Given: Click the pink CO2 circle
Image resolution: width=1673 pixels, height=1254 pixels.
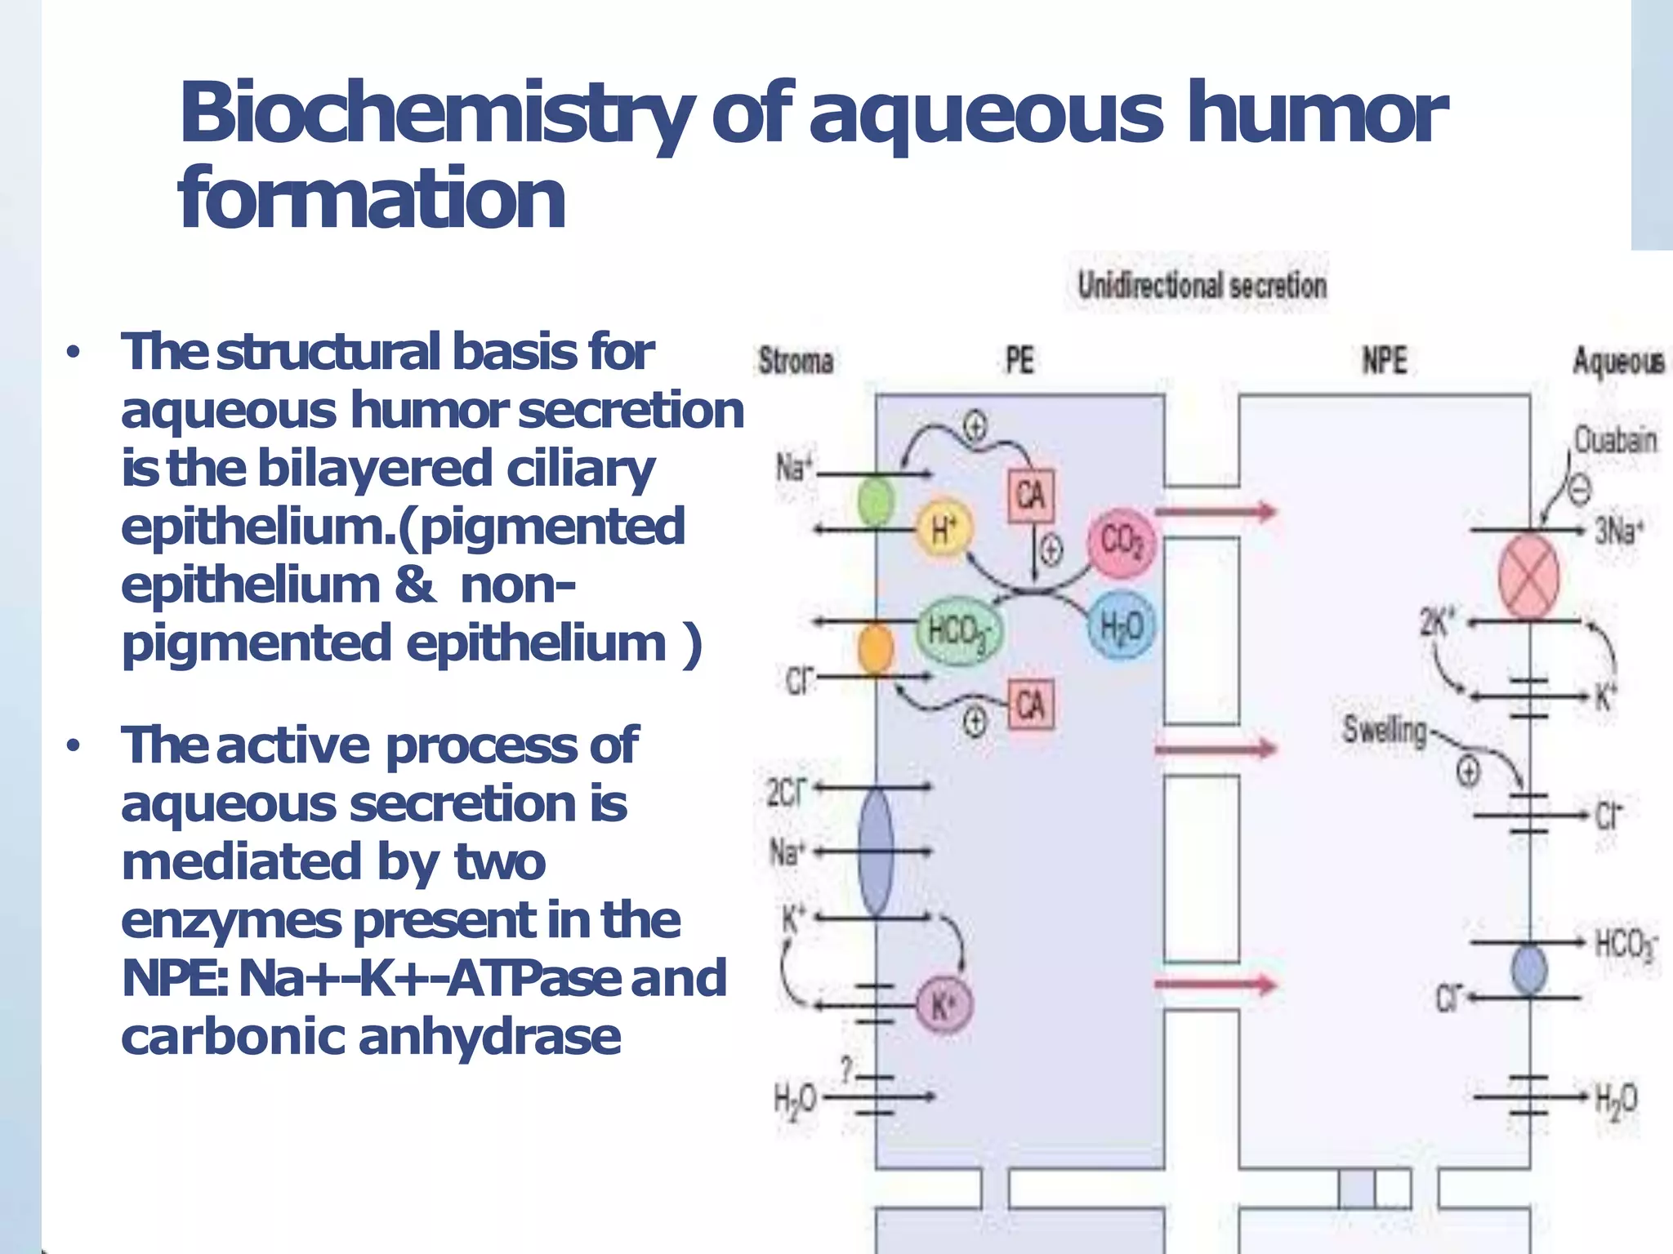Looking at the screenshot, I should pyautogui.click(x=1121, y=541).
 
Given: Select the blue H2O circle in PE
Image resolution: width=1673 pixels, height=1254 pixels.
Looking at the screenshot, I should pyautogui.click(x=1121, y=626).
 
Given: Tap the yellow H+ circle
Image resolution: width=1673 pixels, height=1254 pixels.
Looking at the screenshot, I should pyautogui.click(x=944, y=530).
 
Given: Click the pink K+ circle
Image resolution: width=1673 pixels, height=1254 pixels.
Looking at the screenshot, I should pyautogui.click(x=944, y=1005).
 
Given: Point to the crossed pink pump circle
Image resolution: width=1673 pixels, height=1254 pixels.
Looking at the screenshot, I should pyautogui.click(x=1528, y=576).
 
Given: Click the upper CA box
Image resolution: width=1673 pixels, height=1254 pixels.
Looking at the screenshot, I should pyautogui.click(x=1030, y=495).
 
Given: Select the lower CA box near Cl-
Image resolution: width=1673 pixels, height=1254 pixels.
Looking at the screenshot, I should pyautogui.click(x=1030, y=705).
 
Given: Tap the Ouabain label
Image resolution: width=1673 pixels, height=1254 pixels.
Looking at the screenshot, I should pyautogui.click(x=1615, y=440).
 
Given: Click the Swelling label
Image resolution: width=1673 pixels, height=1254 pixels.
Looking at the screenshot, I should pyautogui.click(x=1384, y=729).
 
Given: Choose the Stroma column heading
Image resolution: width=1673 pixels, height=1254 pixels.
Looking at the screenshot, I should pyautogui.click(x=796, y=361).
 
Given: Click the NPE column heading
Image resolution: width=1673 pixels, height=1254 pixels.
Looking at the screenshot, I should pyautogui.click(x=1384, y=360).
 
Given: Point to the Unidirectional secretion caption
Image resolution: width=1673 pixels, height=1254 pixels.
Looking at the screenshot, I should pyautogui.click(x=1202, y=285).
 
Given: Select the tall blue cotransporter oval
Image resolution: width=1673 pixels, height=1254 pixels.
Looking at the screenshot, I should pyautogui.click(x=876, y=851).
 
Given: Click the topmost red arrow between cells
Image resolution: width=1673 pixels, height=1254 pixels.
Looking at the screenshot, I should pyautogui.click(x=1216, y=512).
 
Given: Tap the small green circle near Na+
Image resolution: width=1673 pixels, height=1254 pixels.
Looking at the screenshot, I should pyautogui.click(x=876, y=501).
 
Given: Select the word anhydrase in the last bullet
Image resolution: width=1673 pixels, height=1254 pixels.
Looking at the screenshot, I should pyautogui.click(x=489, y=1037).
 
